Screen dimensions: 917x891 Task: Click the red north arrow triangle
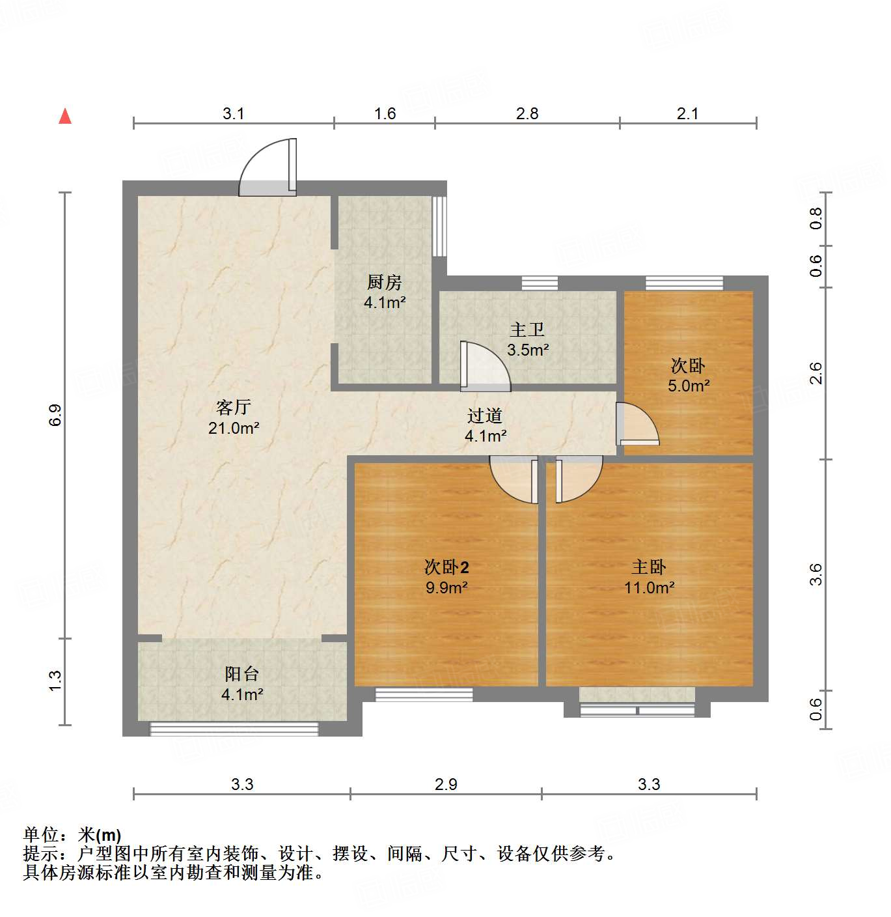point(65,116)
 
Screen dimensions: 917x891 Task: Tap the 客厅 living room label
point(234,408)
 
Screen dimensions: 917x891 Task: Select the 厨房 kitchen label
point(385,282)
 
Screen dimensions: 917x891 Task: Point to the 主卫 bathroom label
point(527,330)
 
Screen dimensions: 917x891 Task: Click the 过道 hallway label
point(485,416)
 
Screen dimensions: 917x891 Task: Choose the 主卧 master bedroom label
point(649,567)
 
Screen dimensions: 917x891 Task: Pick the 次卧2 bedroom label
point(446,567)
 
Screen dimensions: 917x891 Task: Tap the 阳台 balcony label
point(242,674)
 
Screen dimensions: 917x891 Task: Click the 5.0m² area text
point(689,386)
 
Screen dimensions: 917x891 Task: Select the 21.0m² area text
point(234,428)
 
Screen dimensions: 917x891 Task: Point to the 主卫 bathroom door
point(484,367)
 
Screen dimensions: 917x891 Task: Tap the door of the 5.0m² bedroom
point(637,424)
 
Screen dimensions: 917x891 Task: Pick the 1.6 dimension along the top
point(385,114)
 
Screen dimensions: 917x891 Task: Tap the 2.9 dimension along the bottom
point(446,784)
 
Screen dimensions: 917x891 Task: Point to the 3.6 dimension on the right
point(816,574)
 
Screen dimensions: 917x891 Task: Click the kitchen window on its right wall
point(440,226)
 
